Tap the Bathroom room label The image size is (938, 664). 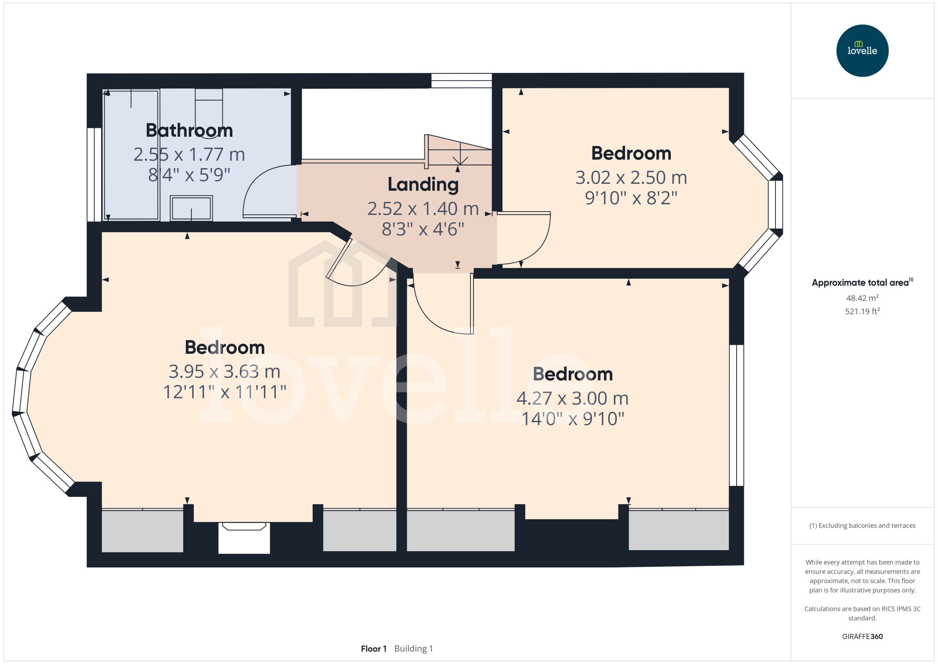[189, 131]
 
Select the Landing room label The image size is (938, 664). [423, 184]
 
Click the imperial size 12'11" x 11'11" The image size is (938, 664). [224, 392]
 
